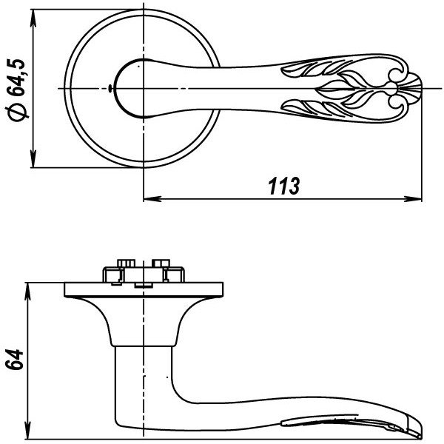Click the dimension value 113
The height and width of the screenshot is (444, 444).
[283, 186]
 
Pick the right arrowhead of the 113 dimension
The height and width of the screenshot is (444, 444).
[415, 198]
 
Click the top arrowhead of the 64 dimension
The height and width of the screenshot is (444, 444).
[28, 289]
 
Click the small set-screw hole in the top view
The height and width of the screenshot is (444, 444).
[110, 89]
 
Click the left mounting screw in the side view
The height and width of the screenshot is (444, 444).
[124, 264]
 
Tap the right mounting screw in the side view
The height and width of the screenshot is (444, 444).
[160, 264]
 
